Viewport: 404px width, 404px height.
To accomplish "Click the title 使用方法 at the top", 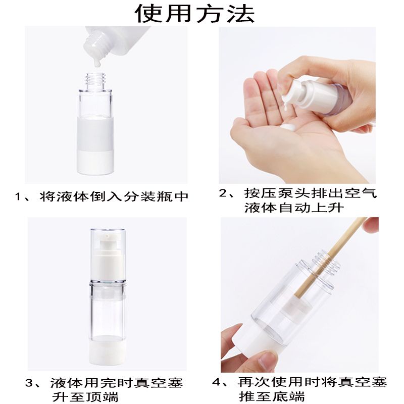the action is (195, 13).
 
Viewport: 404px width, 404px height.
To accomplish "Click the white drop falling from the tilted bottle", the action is (97, 63).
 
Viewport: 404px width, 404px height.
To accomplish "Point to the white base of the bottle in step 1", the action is (95, 162).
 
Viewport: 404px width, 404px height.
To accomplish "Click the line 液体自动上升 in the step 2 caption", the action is (294, 208).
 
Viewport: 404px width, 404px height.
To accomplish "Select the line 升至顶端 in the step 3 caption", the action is (85, 397).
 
